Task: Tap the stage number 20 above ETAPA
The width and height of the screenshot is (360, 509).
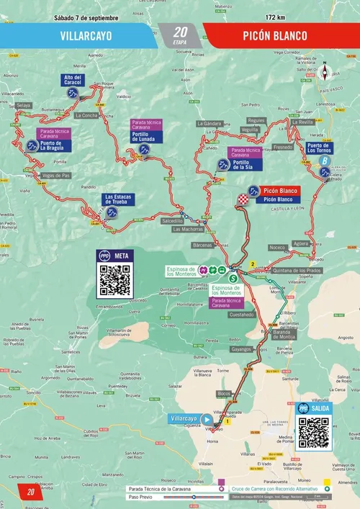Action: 180,31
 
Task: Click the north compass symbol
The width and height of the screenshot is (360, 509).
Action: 325,73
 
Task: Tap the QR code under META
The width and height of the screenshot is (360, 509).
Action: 114,280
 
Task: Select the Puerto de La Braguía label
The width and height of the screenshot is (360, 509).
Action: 51,145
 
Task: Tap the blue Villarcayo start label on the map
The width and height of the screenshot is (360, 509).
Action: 184,419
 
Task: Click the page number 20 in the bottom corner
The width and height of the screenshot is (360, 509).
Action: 31,492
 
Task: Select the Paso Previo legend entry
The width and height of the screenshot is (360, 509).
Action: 141,496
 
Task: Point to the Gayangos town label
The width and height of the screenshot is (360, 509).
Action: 240,348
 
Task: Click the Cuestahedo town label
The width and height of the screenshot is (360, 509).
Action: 242,315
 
